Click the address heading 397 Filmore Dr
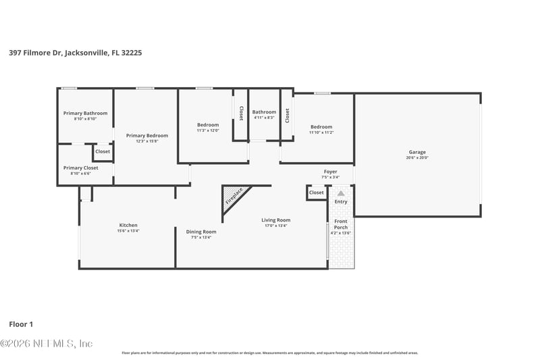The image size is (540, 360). click(x=75, y=52)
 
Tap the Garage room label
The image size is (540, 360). click(x=417, y=152)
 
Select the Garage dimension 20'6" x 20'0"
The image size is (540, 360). click(x=417, y=158)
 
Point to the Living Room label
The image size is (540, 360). click(x=275, y=220)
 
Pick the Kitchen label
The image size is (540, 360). click(x=128, y=225)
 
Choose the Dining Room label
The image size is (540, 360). click(x=201, y=232)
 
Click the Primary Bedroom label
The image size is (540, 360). click(x=147, y=135)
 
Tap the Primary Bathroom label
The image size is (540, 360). click(x=85, y=113)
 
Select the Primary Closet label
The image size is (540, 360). click(x=81, y=168)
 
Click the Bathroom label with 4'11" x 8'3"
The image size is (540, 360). click(x=264, y=112)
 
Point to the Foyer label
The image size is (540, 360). click(x=330, y=172)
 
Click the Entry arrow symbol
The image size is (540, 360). click(x=341, y=193)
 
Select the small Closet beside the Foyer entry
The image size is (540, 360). click(x=316, y=192)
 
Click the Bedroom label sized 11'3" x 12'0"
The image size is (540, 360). click(x=208, y=124)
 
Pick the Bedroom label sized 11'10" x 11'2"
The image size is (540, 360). click(x=321, y=127)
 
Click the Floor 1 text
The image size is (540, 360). click(x=22, y=325)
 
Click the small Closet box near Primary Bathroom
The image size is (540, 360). click(x=103, y=151)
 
